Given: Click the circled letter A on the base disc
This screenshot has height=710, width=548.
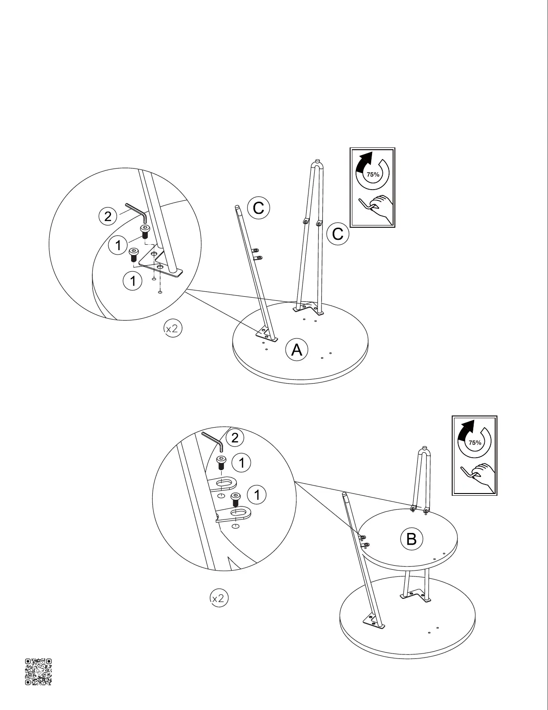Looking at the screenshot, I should pyautogui.click(x=297, y=350).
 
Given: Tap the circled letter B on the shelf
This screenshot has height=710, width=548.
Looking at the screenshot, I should pyautogui.click(x=411, y=538).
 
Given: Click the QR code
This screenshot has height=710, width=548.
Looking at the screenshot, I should pyautogui.click(x=38, y=671).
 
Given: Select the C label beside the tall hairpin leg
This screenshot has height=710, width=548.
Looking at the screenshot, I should pyautogui.click(x=338, y=234).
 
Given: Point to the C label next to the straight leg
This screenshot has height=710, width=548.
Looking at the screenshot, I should pyautogui.click(x=258, y=208).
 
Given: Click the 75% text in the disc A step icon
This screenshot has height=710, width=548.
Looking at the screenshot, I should pyautogui.click(x=373, y=174).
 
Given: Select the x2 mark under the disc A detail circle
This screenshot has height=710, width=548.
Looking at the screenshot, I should pyautogui.click(x=172, y=329).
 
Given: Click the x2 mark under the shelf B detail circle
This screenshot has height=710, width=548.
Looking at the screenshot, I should pyautogui.click(x=219, y=598).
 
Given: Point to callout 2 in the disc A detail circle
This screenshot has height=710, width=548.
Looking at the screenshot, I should pyautogui.click(x=107, y=216).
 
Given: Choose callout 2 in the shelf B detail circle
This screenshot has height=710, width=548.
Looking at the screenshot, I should pyautogui.click(x=235, y=438).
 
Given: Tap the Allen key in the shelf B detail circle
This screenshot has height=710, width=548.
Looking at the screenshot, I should pyautogui.click(x=213, y=441).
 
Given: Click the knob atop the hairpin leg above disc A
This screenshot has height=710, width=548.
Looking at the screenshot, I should pyautogui.click(x=317, y=161).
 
